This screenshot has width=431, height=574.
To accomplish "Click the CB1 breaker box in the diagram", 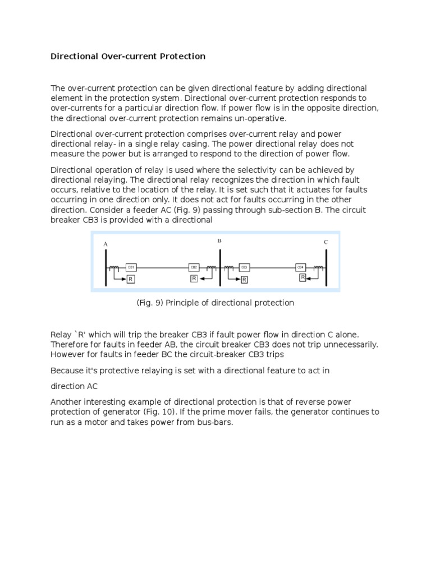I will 131,267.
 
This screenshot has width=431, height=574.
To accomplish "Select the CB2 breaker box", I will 194,267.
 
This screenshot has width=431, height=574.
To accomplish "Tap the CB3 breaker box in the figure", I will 244,267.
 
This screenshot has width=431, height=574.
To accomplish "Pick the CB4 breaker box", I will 300,267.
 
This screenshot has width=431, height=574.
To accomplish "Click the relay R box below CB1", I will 130,279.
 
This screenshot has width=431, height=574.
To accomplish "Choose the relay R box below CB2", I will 194,278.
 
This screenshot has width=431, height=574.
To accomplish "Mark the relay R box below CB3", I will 244,278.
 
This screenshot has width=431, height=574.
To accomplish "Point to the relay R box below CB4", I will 302,277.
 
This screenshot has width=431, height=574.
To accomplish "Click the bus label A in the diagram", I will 105,244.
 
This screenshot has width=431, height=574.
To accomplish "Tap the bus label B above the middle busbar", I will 219,240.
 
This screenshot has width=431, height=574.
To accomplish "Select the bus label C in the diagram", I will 325,242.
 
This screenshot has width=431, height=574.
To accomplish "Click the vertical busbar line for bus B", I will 220,266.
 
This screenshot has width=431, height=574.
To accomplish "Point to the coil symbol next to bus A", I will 114,267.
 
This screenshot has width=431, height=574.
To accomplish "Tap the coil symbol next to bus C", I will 318,267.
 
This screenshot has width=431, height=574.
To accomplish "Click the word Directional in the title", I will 74,57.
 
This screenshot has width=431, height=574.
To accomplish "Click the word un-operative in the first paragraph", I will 258,119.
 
